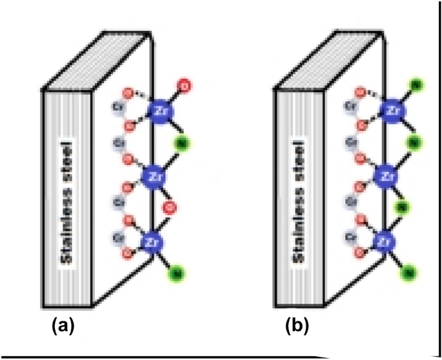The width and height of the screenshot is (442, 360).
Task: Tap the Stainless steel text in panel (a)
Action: pyautogui.click(x=66, y=201)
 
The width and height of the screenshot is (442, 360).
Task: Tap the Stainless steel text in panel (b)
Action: pyautogui.click(x=299, y=201)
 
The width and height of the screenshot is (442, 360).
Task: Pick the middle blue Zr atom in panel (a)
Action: pyautogui.click(x=154, y=175)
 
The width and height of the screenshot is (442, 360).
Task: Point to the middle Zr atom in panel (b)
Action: pyautogui.click(x=388, y=175)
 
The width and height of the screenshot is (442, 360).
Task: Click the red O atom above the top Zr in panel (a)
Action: pyautogui.click(x=185, y=85)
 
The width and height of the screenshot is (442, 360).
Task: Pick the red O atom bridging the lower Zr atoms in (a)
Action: pyautogui.click(x=170, y=208)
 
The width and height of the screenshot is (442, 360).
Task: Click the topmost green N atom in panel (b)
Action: pyautogui.click(x=416, y=85)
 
